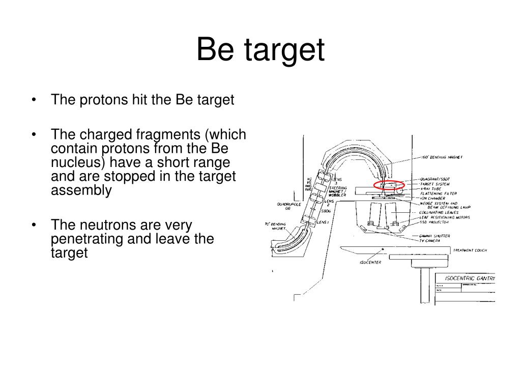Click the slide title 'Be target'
[x=260, y=50]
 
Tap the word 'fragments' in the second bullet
[x=167, y=135]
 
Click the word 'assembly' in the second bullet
[x=81, y=190]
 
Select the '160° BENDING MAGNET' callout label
[x=442, y=157]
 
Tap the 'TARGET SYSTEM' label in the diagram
[x=435, y=184]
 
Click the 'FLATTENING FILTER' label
[x=438, y=193]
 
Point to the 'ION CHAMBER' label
[x=432, y=199]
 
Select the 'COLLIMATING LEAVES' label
[x=439, y=212]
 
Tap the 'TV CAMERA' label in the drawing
[x=430, y=240]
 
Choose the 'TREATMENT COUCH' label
[x=470, y=250]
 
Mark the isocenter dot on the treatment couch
[x=383, y=249]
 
